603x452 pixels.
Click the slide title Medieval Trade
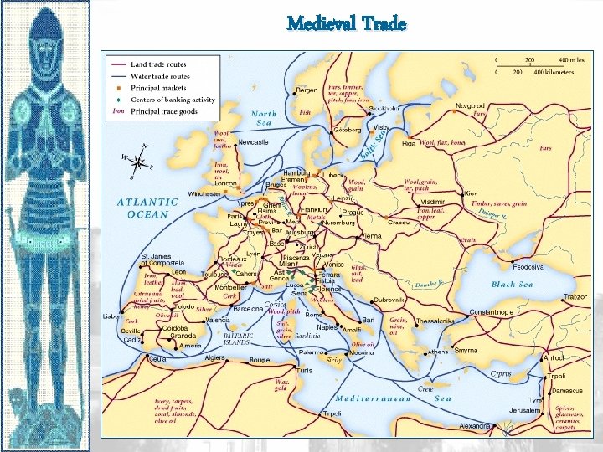346,23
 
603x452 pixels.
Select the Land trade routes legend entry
158,64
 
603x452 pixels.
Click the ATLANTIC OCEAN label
147,208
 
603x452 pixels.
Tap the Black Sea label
512,285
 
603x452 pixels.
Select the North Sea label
264,118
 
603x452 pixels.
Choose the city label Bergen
307,90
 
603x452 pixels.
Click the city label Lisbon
113,317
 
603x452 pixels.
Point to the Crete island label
426,388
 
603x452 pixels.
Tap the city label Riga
409,143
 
